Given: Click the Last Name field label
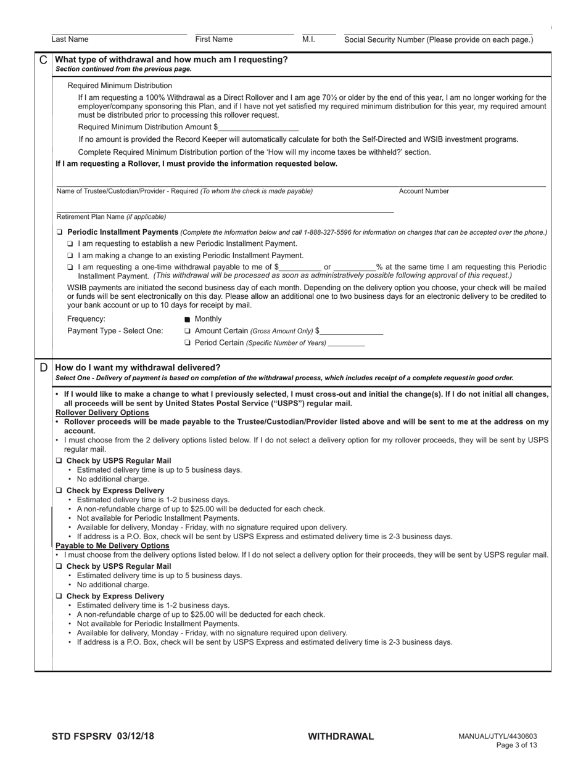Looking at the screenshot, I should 70,39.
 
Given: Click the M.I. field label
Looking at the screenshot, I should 308,39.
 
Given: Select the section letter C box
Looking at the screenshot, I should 43,60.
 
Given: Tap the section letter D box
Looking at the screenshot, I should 43,367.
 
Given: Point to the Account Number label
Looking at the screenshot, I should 424,191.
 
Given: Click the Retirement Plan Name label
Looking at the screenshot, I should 111,217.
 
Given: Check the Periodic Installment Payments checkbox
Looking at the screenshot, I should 59,232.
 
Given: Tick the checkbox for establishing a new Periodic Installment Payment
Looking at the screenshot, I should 70,244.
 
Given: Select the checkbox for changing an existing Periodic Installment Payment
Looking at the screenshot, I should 70,256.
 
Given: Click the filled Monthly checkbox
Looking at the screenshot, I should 188,319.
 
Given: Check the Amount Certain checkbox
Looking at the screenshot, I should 188,331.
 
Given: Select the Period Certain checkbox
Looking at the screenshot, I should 188,343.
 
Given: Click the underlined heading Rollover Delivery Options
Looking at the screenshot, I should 102,412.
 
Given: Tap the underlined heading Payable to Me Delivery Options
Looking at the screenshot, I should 112,545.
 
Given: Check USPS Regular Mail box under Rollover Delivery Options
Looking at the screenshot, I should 59,461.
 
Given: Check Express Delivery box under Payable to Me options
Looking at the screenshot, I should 59,597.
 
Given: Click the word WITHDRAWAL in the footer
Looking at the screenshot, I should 340,736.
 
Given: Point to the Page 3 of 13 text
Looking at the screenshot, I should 516,745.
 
